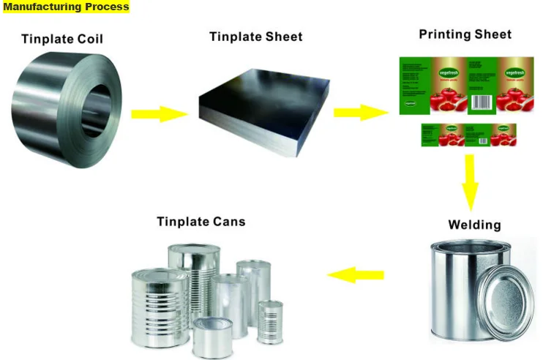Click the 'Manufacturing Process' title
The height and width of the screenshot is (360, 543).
click(66, 7)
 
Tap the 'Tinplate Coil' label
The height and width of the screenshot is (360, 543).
click(61, 39)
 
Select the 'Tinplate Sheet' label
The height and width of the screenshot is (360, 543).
click(255, 37)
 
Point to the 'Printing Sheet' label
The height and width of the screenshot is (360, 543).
click(465, 34)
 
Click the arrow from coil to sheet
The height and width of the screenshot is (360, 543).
click(160, 113)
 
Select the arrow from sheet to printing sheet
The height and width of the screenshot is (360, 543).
click(361, 112)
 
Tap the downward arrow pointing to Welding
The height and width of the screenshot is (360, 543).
click(469, 182)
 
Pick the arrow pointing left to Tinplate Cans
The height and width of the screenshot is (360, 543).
click(356, 275)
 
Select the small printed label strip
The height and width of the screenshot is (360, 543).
click(468, 134)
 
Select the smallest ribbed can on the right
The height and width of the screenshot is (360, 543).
click(270, 322)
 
